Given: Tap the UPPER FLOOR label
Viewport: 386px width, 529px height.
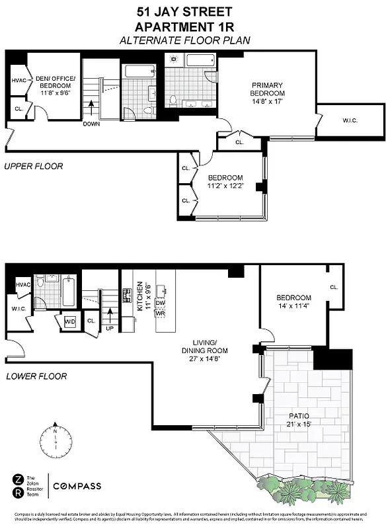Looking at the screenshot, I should tap(33, 166).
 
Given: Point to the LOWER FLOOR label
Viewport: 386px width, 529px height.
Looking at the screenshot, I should tap(34, 376).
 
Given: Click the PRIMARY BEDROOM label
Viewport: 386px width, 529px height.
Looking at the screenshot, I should tap(267, 89).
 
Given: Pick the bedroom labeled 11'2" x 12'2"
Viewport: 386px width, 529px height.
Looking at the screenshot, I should tap(225, 183).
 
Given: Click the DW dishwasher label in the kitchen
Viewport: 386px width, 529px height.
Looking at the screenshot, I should tap(160, 303).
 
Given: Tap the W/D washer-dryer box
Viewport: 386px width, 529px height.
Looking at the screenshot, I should tap(69, 322).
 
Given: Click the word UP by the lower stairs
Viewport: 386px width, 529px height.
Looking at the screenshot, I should tap(110, 327).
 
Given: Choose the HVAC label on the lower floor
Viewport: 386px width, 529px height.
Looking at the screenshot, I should tap(23, 284).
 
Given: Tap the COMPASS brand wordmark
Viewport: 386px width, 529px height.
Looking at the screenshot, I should tap(78, 487).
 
